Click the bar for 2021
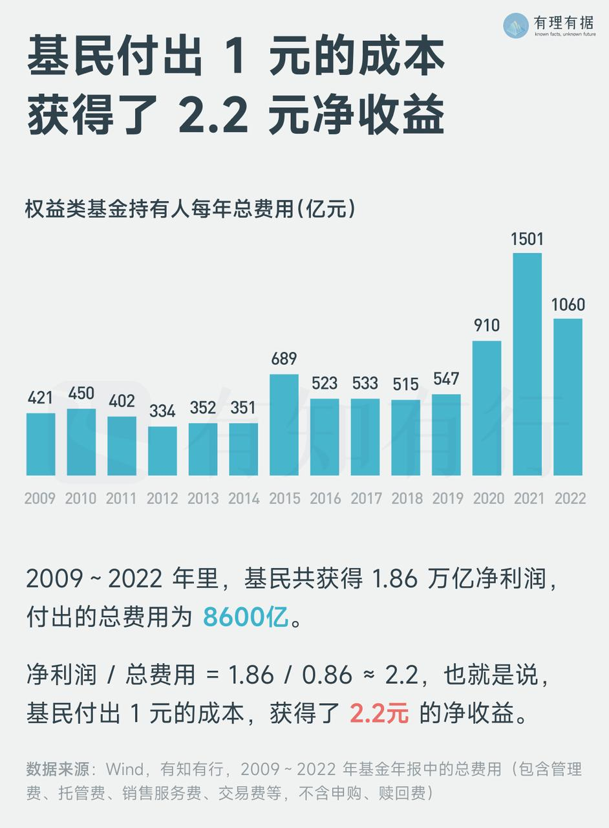(x=527, y=364)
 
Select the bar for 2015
(x=284, y=425)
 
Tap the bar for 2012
(x=162, y=451)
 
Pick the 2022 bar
(x=568, y=397)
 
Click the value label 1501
(x=527, y=239)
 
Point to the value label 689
(x=284, y=359)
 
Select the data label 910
(x=487, y=325)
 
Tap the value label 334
(x=162, y=411)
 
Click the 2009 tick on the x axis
(x=40, y=499)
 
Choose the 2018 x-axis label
(x=405, y=499)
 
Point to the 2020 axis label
(x=487, y=499)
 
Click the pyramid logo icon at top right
(x=516, y=25)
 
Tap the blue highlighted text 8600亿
(x=245, y=618)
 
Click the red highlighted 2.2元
(x=379, y=714)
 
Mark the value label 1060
(x=568, y=304)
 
